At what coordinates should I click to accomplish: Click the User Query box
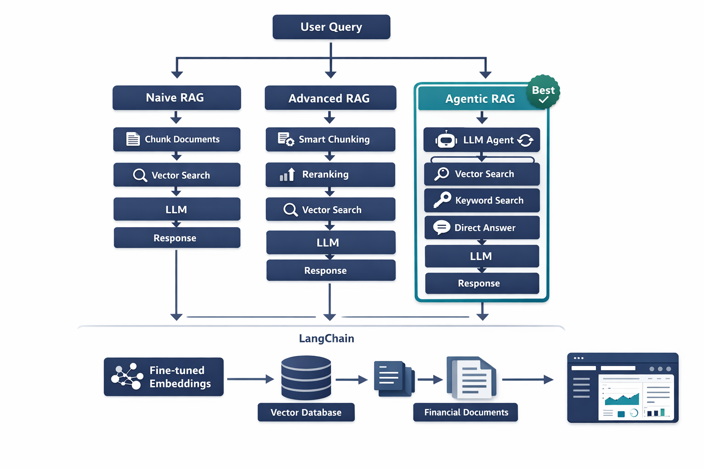pos(331,27)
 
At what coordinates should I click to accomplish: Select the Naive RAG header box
pos(176,98)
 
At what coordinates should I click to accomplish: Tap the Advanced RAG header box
pos(330,98)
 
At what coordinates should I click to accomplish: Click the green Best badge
pos(543,92)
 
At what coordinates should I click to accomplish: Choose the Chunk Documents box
pos(176,139)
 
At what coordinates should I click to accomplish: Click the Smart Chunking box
pos(330,139)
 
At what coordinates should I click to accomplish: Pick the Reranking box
pos(330,175)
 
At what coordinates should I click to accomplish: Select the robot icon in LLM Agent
pos(446,140)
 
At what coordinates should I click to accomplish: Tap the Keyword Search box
pos(482,201)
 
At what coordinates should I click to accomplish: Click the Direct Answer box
pos(482,228)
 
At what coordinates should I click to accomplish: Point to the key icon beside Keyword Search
pos(442,200)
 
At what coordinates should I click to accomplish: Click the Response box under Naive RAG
pos(176,238)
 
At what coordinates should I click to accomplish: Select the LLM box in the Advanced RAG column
pos(330,243)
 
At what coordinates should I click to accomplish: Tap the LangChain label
pos(326,338)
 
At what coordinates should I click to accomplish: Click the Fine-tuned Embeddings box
pos(164,377)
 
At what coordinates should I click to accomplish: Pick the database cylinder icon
pos(306,378)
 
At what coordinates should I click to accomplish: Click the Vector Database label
pos(306,412)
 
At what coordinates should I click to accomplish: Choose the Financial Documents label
pos(466,412)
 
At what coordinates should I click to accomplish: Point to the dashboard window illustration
pos(622,387)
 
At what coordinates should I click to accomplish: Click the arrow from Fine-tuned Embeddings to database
pos(250,379)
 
